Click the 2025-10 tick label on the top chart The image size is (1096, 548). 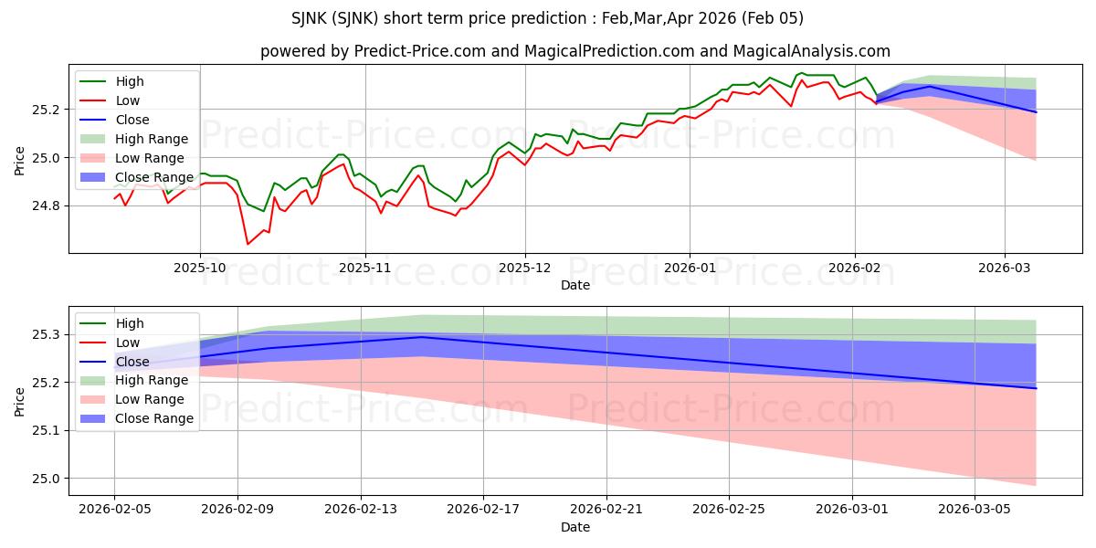click(200, 268)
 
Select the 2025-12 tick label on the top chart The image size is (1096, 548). click(525, 268)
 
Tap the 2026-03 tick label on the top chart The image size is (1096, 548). click(1005, 268)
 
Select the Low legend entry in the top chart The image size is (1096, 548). click(128, 100)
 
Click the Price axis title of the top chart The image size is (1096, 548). click(20, 160)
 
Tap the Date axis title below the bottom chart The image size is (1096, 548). click(575, 528)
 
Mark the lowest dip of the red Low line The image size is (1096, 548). click(248, 244)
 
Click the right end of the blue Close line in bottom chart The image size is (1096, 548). click(1036, 388)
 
